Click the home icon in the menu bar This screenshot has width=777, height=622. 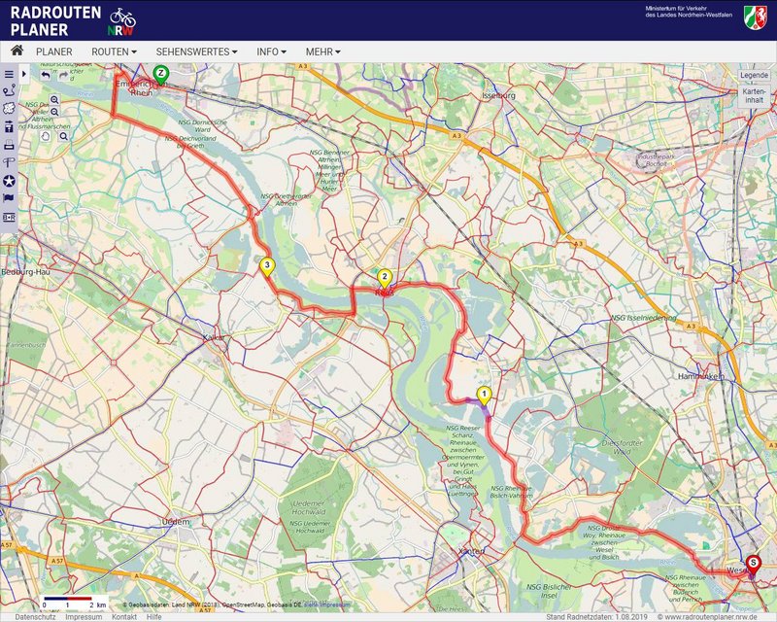click(17, 51)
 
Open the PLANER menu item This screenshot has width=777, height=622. click(54, 52)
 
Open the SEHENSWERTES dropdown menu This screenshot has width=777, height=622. click(196, 52)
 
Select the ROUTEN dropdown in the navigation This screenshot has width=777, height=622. click(114, 52)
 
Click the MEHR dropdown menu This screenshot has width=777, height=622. click(322, 52)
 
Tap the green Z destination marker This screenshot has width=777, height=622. click(161, 73)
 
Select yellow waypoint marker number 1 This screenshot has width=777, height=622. click(485, 395)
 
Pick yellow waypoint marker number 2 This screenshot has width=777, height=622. click(385, 276)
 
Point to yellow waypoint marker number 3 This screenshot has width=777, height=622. click(267, 263)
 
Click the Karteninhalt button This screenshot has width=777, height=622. click(754, 95)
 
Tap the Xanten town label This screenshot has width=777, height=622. click(471, 551)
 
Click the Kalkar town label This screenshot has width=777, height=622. click(214, 337)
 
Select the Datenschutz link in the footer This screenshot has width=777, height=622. click(35, 617)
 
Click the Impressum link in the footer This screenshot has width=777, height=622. click(84, 617)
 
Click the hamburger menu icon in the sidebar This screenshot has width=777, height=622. click(9, 74)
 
